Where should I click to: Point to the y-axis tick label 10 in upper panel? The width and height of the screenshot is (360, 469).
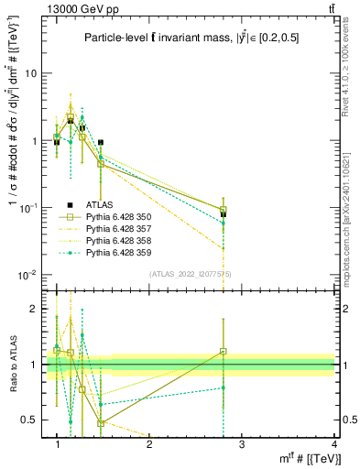(30, 73)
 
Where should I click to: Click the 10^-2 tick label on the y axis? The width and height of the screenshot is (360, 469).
(27, 275)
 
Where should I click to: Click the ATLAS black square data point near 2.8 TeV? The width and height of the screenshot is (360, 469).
(224, 214)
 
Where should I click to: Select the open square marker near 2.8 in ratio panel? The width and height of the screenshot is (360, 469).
(224, 352)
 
